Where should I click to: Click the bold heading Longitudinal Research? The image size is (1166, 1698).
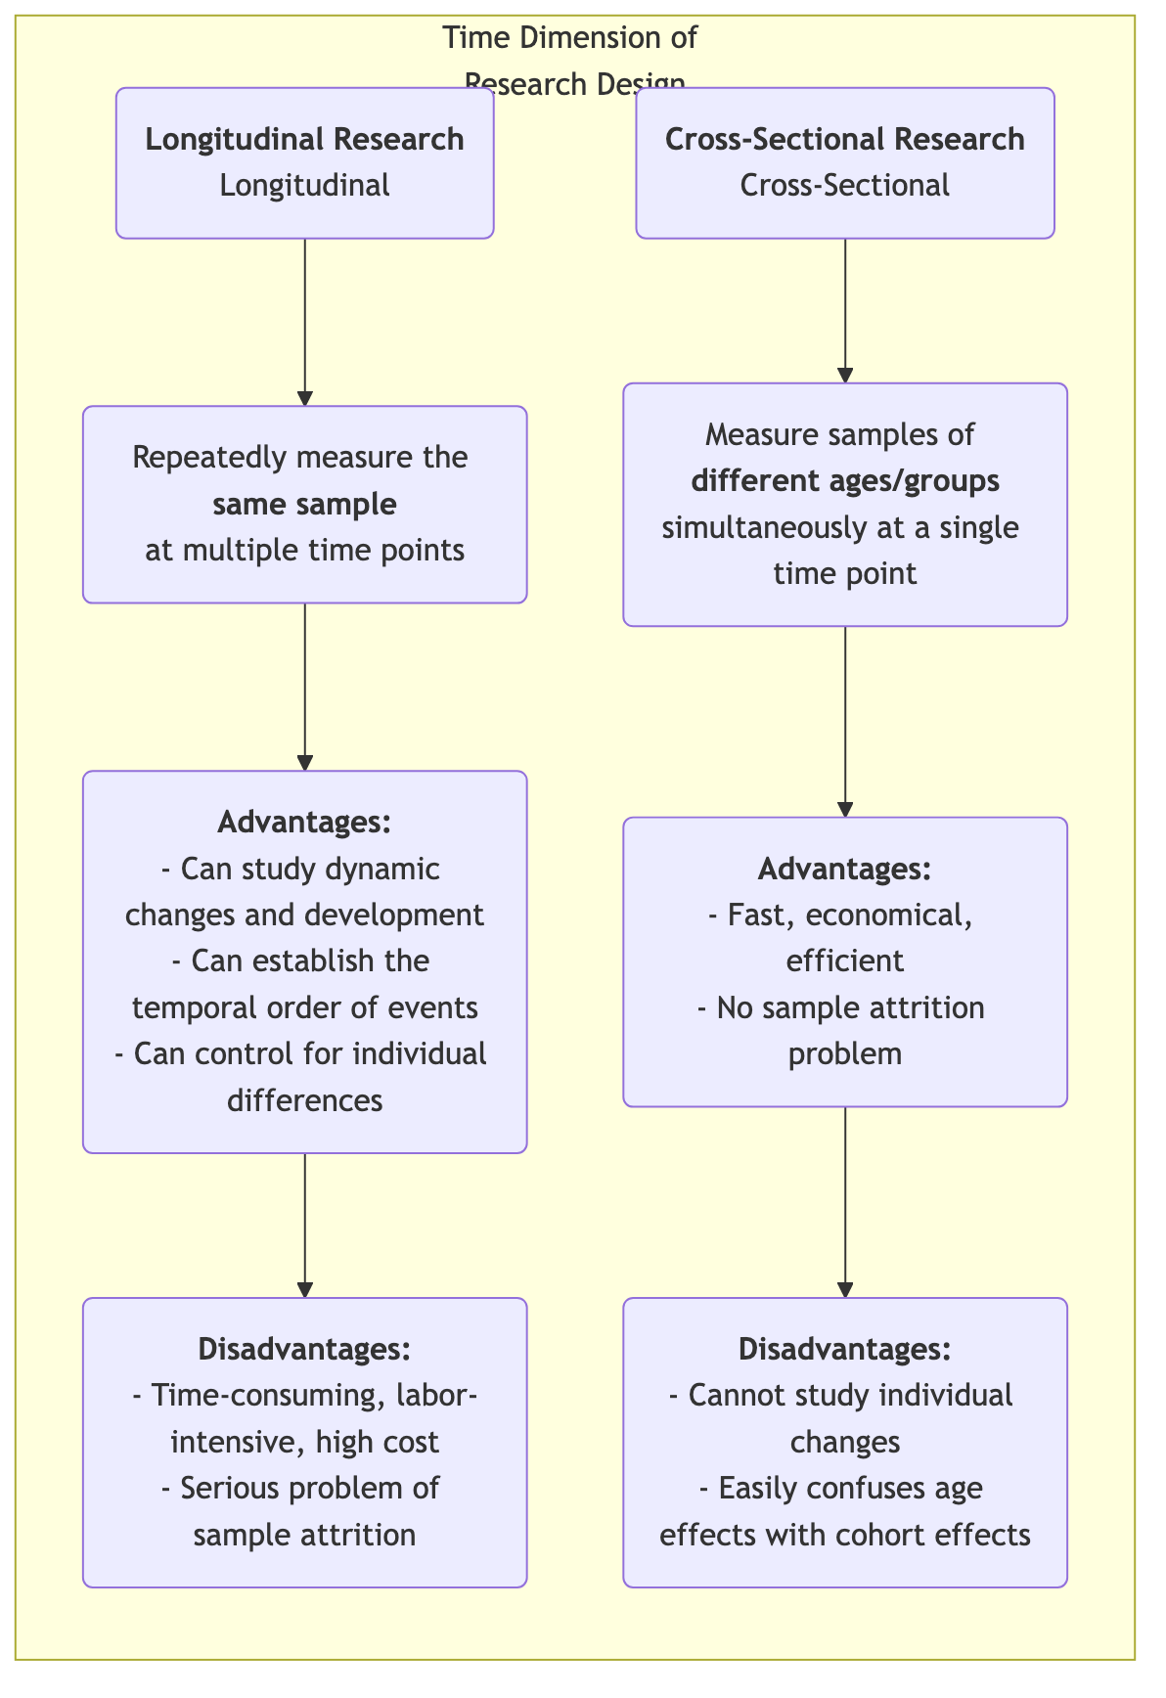304,140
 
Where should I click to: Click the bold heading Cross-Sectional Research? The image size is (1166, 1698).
844,140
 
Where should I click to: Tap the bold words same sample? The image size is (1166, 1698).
304,505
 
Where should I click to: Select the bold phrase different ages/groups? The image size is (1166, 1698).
844,481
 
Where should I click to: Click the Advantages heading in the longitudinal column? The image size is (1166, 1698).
304,823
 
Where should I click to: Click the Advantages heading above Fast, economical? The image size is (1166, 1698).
844,869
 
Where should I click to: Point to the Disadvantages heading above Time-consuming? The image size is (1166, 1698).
304,1350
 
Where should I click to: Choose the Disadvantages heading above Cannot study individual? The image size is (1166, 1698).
844,1350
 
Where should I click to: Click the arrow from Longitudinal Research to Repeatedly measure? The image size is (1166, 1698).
305,323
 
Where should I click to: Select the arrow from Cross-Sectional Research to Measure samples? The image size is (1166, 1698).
845,311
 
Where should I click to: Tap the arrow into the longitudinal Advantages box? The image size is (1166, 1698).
305,688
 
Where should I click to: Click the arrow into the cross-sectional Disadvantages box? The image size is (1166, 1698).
845,1203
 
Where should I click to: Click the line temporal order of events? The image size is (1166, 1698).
304,1007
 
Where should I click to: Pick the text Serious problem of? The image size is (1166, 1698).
304,1489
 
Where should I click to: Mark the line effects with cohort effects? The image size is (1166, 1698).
844,1535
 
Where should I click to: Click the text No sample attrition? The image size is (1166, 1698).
844,1007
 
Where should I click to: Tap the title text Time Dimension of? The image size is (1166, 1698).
570,38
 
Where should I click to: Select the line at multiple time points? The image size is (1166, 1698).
304,551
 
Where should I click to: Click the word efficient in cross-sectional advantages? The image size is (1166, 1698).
844,961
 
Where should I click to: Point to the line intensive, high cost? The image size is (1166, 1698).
304,1442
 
